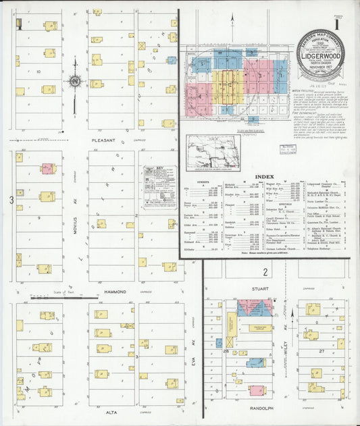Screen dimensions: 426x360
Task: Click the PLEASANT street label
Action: pyautogui.click(x=100, y=141)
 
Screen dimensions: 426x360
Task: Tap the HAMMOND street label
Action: pyautogui.click(x=115, y=292)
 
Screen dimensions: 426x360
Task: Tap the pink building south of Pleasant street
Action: pyautogui.click(x=47, y=168)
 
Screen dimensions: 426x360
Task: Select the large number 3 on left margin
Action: pyautogui.click(x=11, y=200)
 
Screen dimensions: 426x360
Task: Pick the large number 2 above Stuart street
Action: pyautogui.click(x=266, y=273)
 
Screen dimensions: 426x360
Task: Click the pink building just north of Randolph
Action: pyautogui.click(x=257, y=390)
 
